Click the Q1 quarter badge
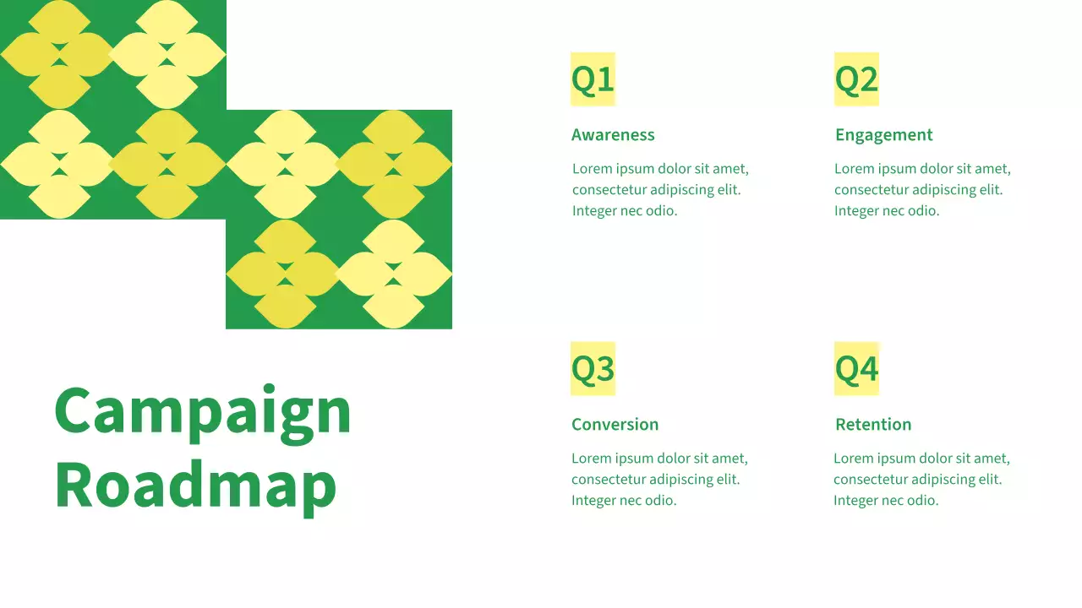pos(593,79)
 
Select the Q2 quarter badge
pos(856,79)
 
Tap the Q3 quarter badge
pos(593,369)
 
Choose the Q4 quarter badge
pos(856,369)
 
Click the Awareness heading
pos(613,135)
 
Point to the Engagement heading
pos(883,135)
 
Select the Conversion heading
pos(615,425)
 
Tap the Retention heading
pos(873,425)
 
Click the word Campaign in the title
pos(202,411)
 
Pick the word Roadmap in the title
pos(195,486)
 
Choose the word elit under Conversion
pos(729,480)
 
